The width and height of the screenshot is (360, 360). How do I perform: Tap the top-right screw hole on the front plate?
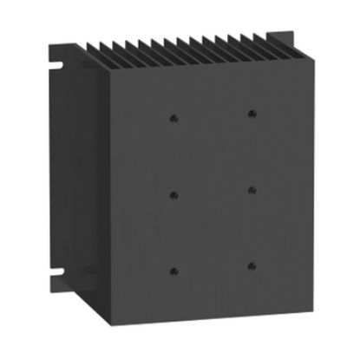252,113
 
